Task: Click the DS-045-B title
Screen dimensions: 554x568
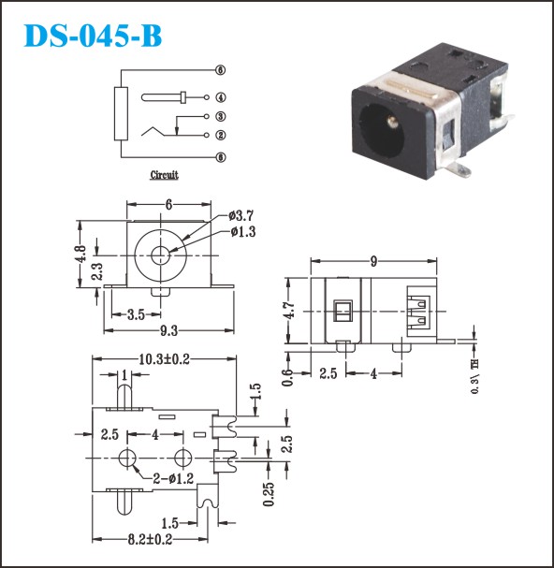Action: tap(93, 36)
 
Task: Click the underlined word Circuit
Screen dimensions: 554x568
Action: tap(164, 175)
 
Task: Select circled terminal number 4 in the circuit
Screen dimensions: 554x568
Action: tap(221, 97)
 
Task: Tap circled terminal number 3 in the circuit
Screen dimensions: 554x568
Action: tap(221, 116)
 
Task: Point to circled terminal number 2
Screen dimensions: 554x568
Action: tap(221, 135)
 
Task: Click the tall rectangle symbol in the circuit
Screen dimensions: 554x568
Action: tap(121, 113)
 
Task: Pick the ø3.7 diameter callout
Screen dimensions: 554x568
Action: tap(241, 216)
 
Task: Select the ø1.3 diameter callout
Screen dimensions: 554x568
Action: tap(243, 231)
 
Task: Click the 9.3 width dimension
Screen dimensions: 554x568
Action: tap(168, 330)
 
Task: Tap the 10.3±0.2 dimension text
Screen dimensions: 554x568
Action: tap(165, 359)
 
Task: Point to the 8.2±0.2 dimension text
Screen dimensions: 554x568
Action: tap(150, 539)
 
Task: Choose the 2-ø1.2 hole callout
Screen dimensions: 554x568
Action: tap(173, 478)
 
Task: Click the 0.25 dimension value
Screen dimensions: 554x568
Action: tap(269, 494)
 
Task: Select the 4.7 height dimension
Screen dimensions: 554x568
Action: tap(289, 311)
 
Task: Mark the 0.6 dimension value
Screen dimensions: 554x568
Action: tap(287, 378)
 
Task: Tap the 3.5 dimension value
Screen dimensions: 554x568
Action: tap(137, 314)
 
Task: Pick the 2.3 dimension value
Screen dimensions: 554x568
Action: tap(97, 271)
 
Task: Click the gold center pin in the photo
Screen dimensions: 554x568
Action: tap(392, 122)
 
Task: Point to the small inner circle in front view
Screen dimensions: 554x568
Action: tap(161, 255)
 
